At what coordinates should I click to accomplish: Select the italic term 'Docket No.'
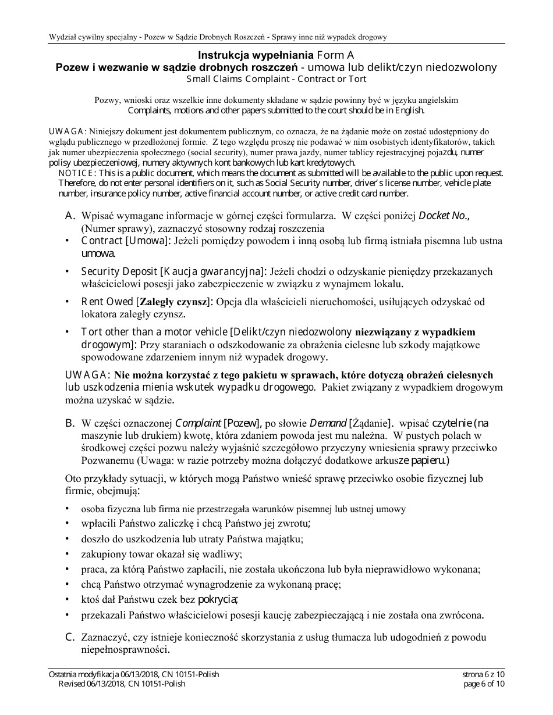444,216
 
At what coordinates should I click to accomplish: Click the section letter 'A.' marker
70,216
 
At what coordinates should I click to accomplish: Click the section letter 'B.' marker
70,423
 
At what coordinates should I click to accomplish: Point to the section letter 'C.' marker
70,637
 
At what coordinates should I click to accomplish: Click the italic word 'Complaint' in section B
198,423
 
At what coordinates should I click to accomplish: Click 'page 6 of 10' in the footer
483,684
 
